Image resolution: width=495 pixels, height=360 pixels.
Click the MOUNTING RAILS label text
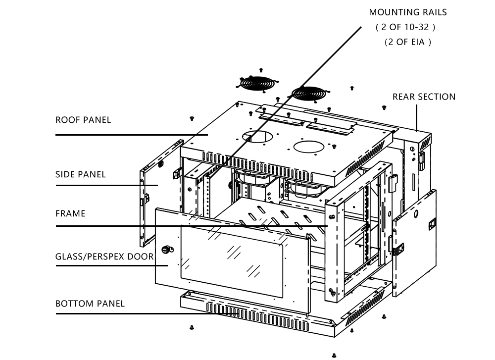pos(407,12)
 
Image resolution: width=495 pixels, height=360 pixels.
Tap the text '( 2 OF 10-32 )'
pos(405,27)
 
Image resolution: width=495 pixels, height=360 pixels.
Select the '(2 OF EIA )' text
pos(408,42)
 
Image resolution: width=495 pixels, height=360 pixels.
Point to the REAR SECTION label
pos(424,97)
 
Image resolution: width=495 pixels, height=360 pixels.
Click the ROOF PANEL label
pos(83,120)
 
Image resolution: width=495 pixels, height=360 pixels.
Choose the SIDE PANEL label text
pos(81,174)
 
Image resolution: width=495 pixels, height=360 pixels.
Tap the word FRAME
pos(70,213)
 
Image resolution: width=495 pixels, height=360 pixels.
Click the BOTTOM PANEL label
pos(90,303)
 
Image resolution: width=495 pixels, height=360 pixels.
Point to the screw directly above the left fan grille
pos(261,70)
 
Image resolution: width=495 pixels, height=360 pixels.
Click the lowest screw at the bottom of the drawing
pos(334,355)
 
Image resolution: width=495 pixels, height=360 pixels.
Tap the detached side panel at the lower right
pos(415,243)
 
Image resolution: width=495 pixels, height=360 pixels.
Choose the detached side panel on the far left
pos(159,193)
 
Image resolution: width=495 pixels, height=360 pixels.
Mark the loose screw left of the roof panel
pos(192,118)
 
